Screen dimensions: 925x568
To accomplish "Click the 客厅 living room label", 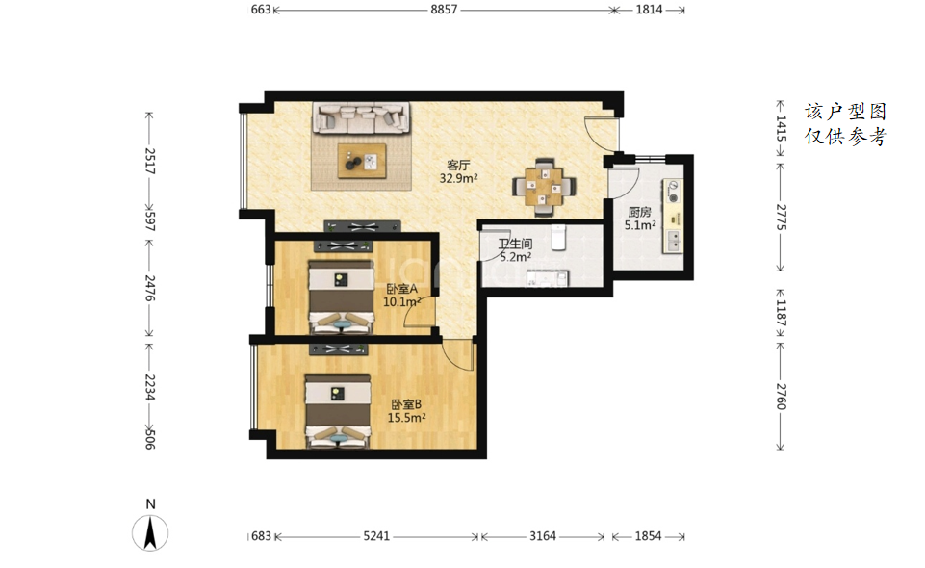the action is click(458, 166).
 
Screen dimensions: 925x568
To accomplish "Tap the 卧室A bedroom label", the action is click(401, 289).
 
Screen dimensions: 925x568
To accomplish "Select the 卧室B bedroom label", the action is click(406, 404).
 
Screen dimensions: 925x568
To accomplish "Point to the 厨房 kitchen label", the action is click(639, 213).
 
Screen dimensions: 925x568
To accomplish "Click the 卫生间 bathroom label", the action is click(516, 244).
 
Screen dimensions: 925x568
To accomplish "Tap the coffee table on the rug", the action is click(362, 161).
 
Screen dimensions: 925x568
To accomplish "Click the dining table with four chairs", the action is click(544, 188).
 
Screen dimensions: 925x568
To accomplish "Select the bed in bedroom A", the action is click(341, 297).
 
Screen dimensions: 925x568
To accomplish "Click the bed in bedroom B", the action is click(338, 412).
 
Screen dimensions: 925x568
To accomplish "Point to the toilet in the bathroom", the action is click(558, 237).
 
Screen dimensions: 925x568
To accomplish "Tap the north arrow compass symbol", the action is click(150, 532).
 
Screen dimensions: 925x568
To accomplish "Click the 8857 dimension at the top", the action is click(444, 10).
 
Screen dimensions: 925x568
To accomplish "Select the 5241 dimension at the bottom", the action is click(376, 536).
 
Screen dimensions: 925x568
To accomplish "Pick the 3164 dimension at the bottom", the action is click(543, 536).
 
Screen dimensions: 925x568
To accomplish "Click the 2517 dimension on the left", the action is click(150, 161).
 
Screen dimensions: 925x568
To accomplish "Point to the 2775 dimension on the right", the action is click(781, 217).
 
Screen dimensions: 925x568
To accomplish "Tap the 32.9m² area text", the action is click(458, 178).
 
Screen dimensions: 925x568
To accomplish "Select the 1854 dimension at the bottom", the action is click(649, 536).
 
